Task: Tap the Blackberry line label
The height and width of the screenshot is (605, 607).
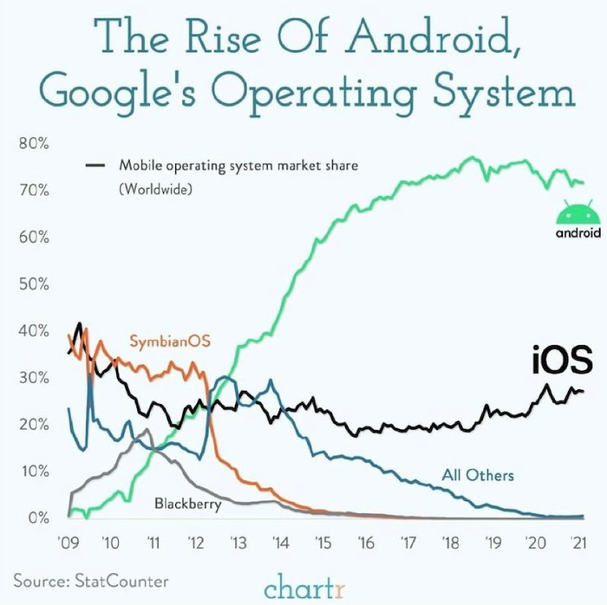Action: tap(187, 503)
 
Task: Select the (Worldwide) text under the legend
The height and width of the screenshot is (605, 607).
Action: tap(156, 186)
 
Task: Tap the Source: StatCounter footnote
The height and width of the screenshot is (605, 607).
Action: tap(91, 579)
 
